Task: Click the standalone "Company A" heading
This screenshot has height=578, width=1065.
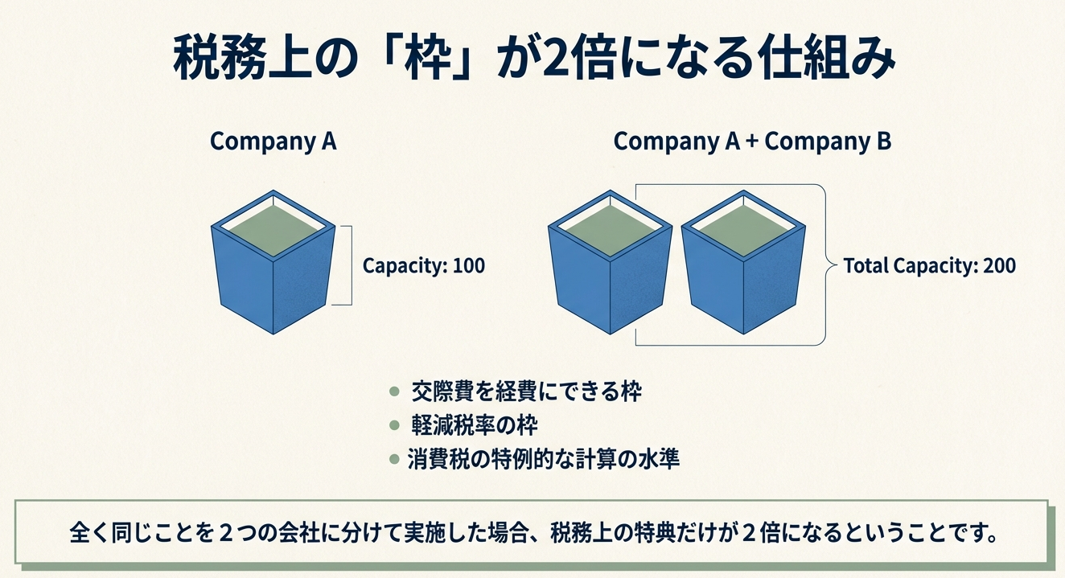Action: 273,141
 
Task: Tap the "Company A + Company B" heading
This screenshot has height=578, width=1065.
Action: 752,141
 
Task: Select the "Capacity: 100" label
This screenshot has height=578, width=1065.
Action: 424,265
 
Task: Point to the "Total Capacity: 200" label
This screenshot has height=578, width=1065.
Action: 929,265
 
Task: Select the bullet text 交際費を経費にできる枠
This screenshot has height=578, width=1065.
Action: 526,391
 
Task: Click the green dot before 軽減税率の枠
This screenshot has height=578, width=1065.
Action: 393,425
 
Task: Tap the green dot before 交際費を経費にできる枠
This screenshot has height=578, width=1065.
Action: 393,391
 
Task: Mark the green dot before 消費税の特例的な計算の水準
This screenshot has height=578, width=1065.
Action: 393,460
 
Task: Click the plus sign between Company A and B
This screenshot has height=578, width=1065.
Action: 751,142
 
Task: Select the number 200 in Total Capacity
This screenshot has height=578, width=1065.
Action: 998,265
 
